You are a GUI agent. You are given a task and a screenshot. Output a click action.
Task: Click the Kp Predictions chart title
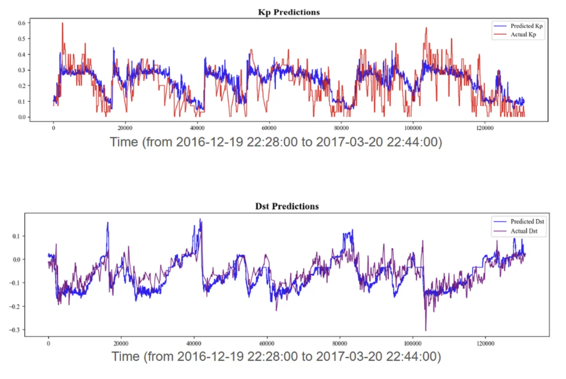point(289,12)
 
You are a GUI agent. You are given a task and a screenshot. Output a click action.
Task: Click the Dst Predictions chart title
point(286,206)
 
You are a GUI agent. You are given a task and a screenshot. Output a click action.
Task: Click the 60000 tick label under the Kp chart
point(269,128)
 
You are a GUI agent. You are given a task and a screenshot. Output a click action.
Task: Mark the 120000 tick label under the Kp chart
point(485,128)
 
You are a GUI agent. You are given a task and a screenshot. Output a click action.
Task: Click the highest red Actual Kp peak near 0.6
point(62,23)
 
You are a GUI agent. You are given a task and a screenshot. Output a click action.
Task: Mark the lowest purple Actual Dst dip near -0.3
point(426,330)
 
